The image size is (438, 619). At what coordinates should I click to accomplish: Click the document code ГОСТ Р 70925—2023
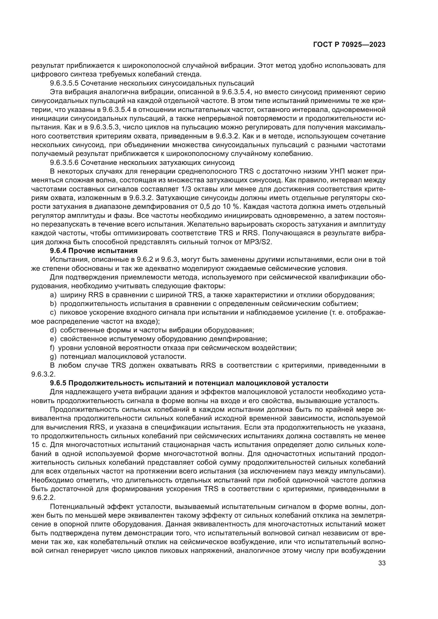[x=349, y=45]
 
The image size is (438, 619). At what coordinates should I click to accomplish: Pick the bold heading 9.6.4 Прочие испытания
[x=93, y=251]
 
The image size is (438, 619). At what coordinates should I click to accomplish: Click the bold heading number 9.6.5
[x=59, y=383]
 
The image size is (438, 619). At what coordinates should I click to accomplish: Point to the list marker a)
[x=53, y=295]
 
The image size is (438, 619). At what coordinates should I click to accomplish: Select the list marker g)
[x=53, y=357]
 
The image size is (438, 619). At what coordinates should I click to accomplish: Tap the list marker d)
[x=53, y=330]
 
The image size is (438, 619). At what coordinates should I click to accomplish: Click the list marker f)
[x=52, y=348]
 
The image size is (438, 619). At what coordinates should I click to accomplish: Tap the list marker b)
[x=53, y=304]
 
